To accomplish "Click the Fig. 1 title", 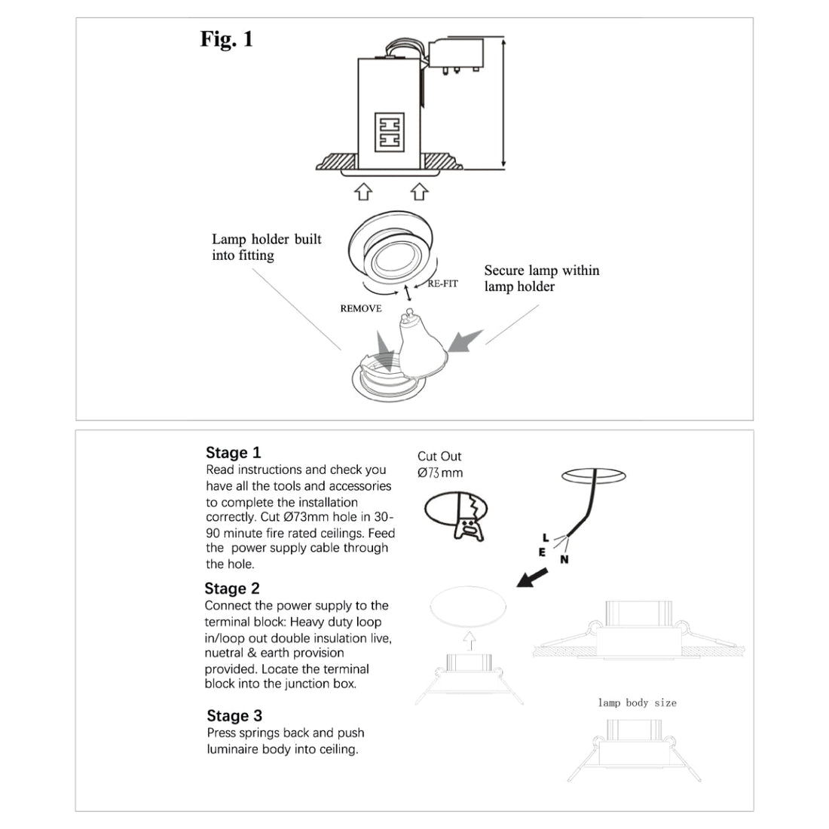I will [227, 39].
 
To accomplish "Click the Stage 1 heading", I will [234, 453].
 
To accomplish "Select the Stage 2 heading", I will [232, 589].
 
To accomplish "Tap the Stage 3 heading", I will [234, 716].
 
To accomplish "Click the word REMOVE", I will [361, 308].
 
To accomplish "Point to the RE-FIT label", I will [442, 284].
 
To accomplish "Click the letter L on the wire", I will [546, 537].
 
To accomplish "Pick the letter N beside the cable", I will [564, 559].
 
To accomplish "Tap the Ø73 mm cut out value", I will [440, 473].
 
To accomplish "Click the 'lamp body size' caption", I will [637, 702].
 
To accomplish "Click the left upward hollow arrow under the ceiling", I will [363, 191].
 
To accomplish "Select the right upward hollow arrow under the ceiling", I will [420, 191].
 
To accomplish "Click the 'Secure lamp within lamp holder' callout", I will [541, 278].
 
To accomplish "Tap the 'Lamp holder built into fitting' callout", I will [266, 247].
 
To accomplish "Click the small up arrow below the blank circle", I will [470, 641].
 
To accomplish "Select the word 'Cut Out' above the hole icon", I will [439, 456].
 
